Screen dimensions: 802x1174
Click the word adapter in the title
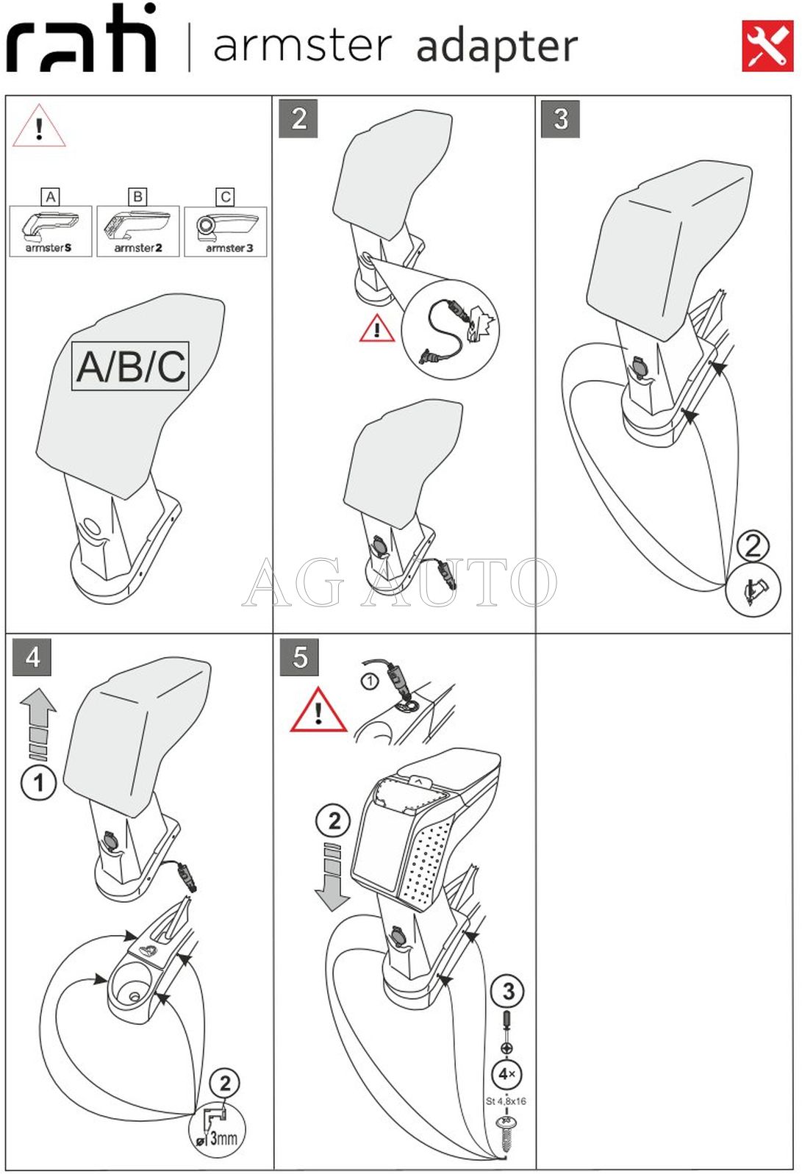tap(497, 47)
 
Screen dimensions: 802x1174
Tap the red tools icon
tap(767, 46)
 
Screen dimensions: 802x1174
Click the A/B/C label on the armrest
tap(131, 366)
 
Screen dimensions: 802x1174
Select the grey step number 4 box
tap(32, 656)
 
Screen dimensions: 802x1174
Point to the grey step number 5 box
tap(299, 656)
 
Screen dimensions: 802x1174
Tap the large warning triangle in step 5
tap(318, 709)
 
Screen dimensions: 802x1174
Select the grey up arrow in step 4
tap(38, 725)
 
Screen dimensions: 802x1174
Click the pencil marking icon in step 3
tap(753, 590)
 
